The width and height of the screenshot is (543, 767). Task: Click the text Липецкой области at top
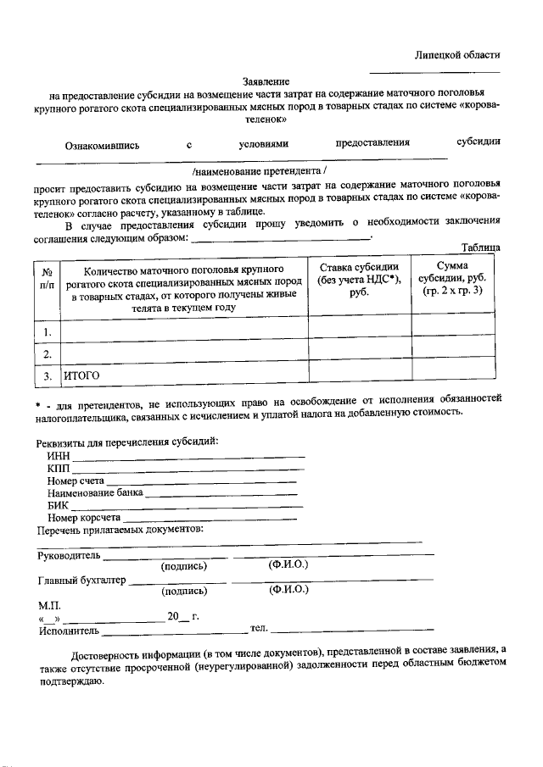pyautogui.click(x=456, y=54)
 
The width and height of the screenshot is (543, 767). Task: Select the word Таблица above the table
pyautogui.click(x=480, y=247)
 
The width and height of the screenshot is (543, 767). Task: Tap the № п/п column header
pyautogui.click(x=47, y=279)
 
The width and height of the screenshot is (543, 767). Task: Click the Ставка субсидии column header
pyautogui.click(x=358, y=279)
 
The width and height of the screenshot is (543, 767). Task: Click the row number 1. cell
pyautogui.click(x=48, y=331)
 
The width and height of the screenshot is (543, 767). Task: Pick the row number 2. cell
pyautogui.click(x=48, y=353)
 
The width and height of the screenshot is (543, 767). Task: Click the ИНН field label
pyautogui.click(x=59, y=457)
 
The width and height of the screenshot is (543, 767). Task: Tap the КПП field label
pyautogui.click(x=59, y=469)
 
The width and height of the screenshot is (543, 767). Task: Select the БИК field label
pyautogui.click(x=59, y=505)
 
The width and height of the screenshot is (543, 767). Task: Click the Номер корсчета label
pyautogui.click(x=85, y=517)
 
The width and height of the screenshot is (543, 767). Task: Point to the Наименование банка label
pyautogui.click(x=96, y=493)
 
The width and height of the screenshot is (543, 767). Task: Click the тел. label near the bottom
pyautogui.click(x=259, y=628)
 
